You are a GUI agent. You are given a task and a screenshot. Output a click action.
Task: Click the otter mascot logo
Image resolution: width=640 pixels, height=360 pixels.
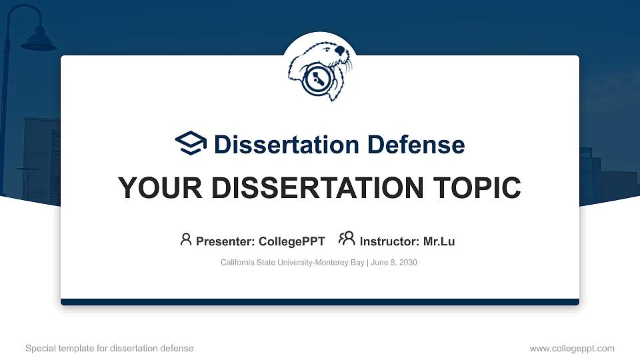tap(319, 71)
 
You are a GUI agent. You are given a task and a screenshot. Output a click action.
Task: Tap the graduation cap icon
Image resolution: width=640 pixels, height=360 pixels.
tap(191, 143)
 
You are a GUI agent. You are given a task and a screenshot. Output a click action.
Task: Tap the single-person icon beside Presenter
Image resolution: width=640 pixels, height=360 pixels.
tap(186, 239)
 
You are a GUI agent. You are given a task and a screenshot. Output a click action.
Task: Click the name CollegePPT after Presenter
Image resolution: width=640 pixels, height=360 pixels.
tap(293, 241)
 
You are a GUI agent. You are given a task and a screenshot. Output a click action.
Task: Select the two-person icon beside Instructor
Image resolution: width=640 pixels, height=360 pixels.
tap(347, 239)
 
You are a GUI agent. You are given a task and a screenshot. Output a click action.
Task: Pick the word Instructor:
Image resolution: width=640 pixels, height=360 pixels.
tap(389, 241)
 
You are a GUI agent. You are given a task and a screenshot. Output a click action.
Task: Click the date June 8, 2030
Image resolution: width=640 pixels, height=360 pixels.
tap(393, 263)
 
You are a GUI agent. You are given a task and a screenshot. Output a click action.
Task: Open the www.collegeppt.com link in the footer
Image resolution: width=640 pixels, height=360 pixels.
tap(572, 348)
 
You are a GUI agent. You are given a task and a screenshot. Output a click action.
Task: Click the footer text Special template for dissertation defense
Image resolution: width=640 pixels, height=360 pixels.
tap(109, 348)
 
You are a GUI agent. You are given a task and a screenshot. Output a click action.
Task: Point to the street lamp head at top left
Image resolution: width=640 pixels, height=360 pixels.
tap(38, 41)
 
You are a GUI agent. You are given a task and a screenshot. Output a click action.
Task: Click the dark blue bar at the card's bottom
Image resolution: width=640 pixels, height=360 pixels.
tap(320, 302)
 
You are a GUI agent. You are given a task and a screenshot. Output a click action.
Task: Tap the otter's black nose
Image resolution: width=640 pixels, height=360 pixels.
tap(341, 50)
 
